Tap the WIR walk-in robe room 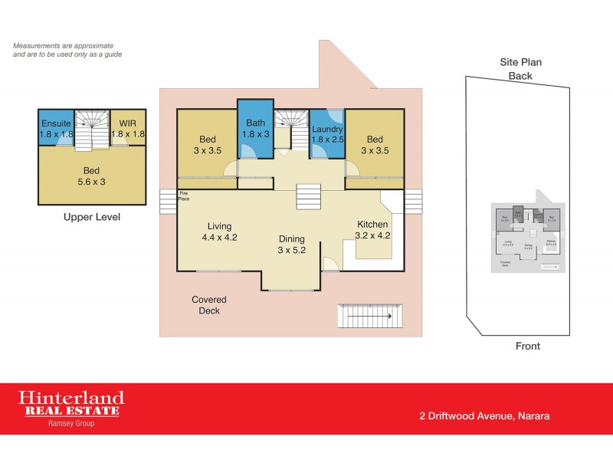(129, 129)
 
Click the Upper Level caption (91, 218)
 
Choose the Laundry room (327, 134)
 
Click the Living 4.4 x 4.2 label (220, 232)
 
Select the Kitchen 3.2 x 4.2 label (373, 229)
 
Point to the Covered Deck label (209, 305)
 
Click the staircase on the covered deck (369, 315)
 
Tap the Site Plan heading (521, 61)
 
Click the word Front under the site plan (528, 347)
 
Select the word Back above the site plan (521, 75)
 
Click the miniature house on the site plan (526, 237)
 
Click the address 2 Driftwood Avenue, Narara (484, 416)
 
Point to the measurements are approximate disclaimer (67, 50)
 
